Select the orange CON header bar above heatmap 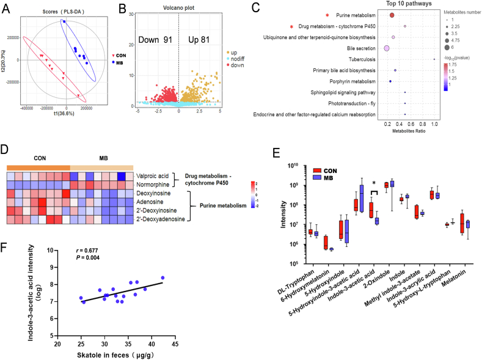(x=38, y=168)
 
